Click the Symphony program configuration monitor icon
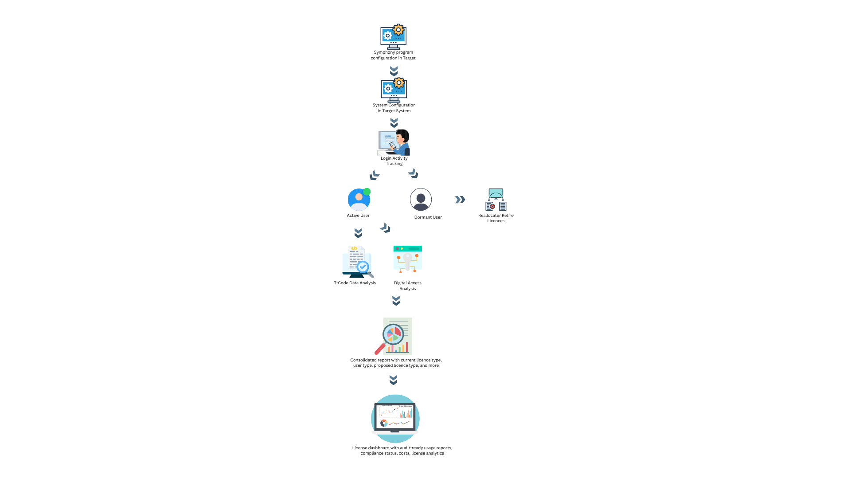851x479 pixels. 393,36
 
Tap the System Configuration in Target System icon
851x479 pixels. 394,90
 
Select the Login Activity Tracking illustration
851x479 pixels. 394,142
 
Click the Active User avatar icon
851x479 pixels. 359,199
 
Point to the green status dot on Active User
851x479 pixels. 367,192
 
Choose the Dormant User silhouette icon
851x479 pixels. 421,199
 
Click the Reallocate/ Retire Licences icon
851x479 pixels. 496,200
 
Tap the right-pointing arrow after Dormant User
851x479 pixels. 460,200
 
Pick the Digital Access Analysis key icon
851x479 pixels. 407,259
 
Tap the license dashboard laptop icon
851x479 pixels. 395,418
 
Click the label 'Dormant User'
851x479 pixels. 428,217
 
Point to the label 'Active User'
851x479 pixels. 358,216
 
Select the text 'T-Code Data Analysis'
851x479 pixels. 355,283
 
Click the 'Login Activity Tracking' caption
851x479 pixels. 394,161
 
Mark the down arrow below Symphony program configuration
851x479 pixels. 394,71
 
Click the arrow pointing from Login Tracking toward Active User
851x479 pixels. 375,176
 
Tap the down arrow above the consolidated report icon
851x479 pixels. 396,301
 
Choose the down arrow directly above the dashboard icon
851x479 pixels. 393,380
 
